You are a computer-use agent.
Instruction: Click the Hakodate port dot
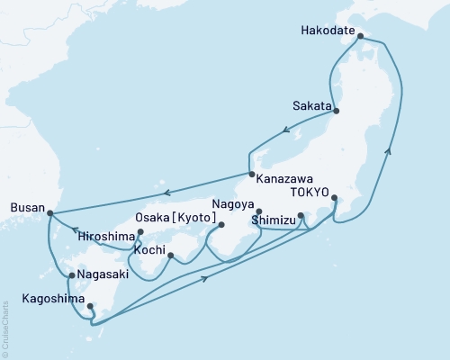tap(360, 37)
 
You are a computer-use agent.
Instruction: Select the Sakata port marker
tap(337, 110)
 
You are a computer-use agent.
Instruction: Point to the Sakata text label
tap(311, 103)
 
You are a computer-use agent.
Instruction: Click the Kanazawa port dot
tap(251, 174)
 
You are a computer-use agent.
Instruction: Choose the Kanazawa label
tap(283, 178)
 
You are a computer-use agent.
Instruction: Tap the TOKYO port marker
tap(334, 198)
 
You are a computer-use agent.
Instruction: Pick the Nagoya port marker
tap(258, 211)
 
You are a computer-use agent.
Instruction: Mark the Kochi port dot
tap(170, 256)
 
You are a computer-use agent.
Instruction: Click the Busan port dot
tap(49, 213)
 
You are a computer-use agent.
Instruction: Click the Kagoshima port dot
tap(89, 306)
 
